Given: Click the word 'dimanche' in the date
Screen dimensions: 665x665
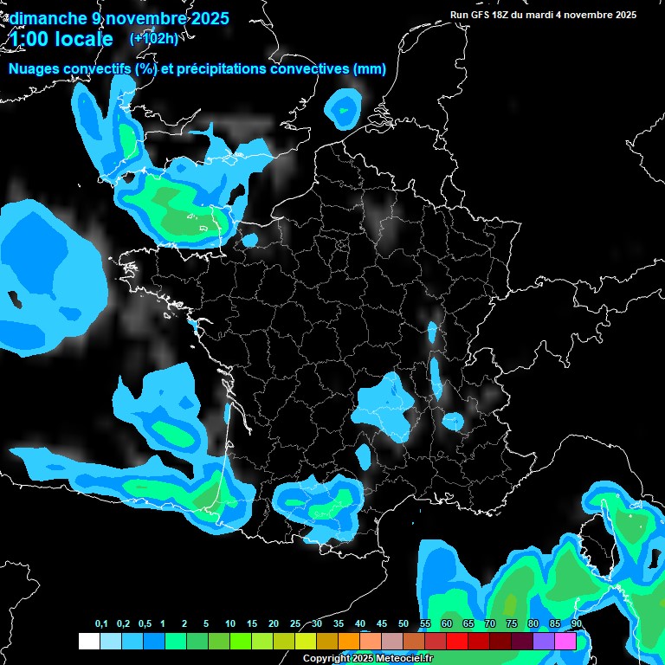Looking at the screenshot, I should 47,18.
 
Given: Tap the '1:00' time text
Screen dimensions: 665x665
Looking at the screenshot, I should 30,39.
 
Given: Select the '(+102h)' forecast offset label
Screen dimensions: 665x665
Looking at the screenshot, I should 153,38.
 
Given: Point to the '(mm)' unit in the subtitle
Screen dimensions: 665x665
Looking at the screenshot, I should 370,69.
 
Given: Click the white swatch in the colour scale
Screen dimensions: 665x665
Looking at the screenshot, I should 88,642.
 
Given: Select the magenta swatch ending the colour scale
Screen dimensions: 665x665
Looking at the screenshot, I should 565,642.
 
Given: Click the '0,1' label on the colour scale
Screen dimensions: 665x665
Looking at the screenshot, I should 101,624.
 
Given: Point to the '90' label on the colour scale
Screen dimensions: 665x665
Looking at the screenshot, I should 576,624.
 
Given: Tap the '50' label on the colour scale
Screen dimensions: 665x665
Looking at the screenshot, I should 404,624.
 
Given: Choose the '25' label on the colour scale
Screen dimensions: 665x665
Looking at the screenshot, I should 295,624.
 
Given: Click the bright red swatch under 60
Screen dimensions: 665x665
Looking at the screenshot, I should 457,642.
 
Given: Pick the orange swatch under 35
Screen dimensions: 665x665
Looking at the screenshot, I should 349,642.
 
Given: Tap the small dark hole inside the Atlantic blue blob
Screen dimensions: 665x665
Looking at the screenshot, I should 16,300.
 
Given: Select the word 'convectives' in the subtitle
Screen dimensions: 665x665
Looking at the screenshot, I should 308,69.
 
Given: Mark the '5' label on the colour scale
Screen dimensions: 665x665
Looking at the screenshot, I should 206,624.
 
